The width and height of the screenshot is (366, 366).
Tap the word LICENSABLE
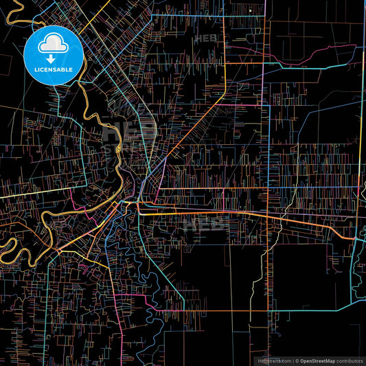(54, 70)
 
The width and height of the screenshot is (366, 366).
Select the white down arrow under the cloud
(54, 59)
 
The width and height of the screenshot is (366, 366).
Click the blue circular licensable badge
(54, 56)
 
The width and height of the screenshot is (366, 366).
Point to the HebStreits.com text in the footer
(273, 360)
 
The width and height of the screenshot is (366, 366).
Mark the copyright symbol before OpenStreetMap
(296, 360)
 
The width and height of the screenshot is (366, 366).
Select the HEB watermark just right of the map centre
(206, 221)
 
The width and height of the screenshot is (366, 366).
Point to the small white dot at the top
(251, 11)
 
